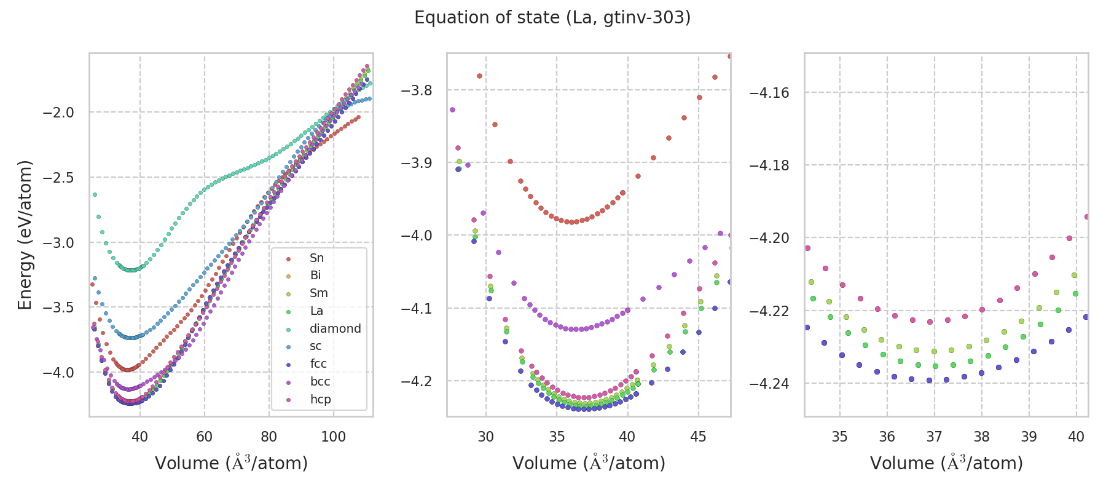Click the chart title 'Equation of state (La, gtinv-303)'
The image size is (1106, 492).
(552, 18)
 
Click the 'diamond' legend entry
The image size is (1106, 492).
(335, 328)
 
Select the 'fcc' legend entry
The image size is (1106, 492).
(318, 364)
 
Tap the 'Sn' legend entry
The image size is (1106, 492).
(316, 258)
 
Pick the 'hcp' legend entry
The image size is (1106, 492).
(320, 399)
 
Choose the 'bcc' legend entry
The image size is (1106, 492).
(320, 381)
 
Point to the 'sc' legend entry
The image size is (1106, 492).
(315, 346)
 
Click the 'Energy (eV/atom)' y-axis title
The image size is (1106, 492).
(25, 234)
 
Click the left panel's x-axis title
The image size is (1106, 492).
(231, 463)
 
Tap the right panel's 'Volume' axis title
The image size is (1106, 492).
(946, 463)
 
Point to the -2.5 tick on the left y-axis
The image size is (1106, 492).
(58, 178)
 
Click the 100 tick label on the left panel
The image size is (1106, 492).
(334, 437)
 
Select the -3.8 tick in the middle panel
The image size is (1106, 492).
(417, 90)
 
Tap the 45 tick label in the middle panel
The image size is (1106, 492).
(698, 437)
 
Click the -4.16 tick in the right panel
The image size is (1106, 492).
(769, 93)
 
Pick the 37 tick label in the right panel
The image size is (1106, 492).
(934, 437)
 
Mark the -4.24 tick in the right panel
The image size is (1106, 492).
(769, 384)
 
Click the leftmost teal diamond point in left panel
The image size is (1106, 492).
(95, 194)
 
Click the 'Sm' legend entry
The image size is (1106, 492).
(318, 293)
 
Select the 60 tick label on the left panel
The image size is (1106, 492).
(205, 437)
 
